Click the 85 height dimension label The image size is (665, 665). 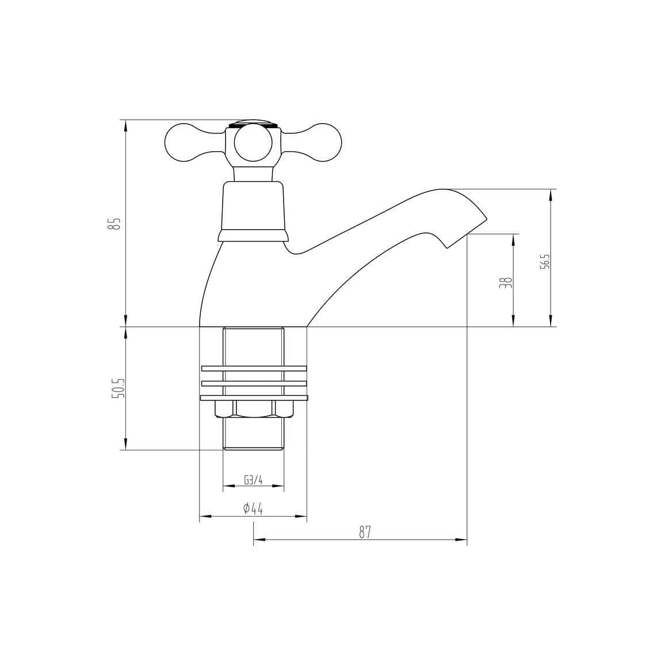point(117,223)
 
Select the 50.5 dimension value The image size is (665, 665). point(117,388)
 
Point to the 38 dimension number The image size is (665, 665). point(506,282)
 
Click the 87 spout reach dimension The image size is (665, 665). point(365,532)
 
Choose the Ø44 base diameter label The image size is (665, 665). point(253,509)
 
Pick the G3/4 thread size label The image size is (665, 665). point(253,480)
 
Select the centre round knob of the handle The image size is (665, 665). point(253,144)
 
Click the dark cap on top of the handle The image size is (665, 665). point(253,123)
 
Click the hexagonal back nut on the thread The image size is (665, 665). point(254,408)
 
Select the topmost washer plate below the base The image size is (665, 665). point(254,368)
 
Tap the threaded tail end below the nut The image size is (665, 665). point(253,434)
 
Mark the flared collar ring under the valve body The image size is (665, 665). point(253,235)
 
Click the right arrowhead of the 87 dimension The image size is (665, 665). point(461,540)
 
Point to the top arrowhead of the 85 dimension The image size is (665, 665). point(125,125)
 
